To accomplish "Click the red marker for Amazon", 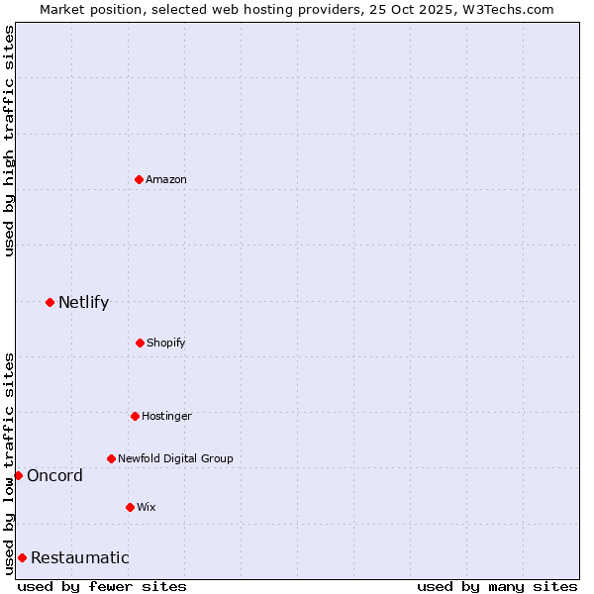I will [x=140, y=179].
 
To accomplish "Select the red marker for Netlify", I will [x=49, y=302].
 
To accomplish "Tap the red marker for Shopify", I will [x=140, y=343].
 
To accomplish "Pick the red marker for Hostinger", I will [x=135, y=416].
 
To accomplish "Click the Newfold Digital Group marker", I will [x=111, y=458].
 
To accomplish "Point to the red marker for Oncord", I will [x=18, y=475].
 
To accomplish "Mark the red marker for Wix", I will [x=130, y=507].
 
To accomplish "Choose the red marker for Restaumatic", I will [x=22, y=557].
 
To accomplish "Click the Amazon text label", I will [x=166, y=179].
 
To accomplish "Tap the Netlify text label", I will [x=83, y=302].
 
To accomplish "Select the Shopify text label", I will [x=166, y=343].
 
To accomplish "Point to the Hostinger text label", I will [x=166, y=416].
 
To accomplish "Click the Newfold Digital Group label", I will [x=175, y=458].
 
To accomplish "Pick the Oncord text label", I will [x=54, y=475].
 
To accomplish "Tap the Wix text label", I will [x=147, y=507].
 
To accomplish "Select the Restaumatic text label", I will [x=79, y=557].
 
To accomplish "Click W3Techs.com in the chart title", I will [x=505, y=9].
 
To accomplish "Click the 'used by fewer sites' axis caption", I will [x=102, y=586].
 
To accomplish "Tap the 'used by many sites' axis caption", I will [x=497, y=586].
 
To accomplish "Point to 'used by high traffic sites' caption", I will [x=9, y=141].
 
